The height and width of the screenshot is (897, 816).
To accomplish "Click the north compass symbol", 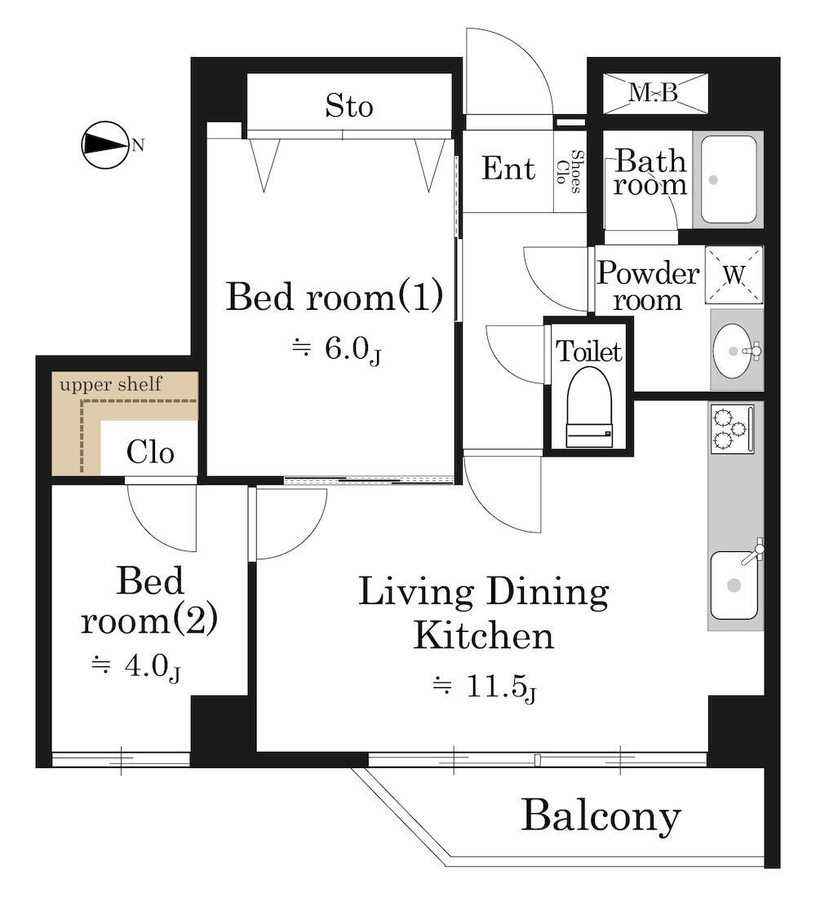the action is [104, 145].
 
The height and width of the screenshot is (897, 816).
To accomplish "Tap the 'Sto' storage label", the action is [348, 106].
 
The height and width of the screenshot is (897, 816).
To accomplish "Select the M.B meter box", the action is [655, 93].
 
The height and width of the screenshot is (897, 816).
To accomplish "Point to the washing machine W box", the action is [734, 275].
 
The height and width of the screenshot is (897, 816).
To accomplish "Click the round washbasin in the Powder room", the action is [733, 351].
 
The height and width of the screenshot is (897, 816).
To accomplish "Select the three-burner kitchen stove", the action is [733, 429].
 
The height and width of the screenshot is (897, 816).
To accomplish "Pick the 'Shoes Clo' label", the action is [570, 171].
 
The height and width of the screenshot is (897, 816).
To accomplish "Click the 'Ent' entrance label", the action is [508, 168].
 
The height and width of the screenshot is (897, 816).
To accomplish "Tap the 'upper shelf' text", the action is [110, 384].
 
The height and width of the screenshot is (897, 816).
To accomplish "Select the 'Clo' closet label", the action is [150, 453].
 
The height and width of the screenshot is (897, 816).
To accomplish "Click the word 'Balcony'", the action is [601, 816].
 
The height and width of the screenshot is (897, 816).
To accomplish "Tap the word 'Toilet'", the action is [588, 351].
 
